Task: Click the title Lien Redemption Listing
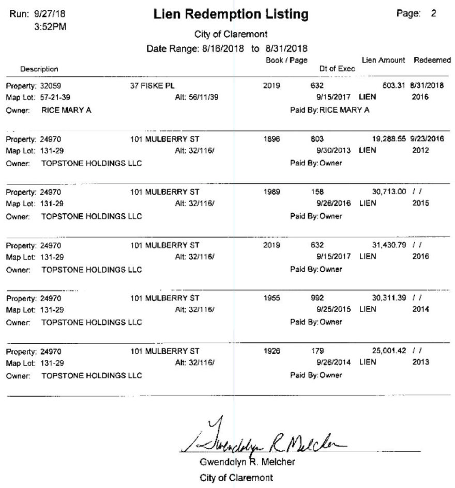click(x=231, y=15)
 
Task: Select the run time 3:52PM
click(x=50, y=25)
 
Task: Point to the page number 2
click(x=433, y=14)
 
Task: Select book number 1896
click(x=271, y=139)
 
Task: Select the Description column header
click(x=39, y=69)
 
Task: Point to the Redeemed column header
click(x=432, y=61)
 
